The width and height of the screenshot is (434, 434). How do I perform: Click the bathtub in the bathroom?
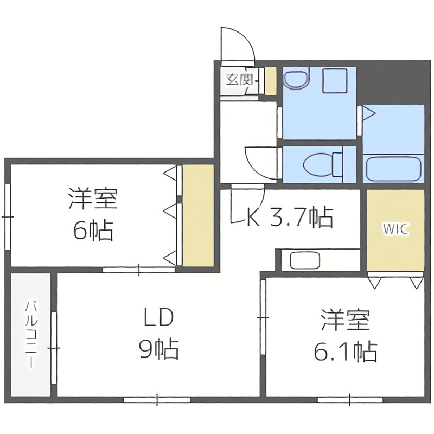click(x=393, y=168)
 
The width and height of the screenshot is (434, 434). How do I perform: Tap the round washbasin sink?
click(x=296, y=80)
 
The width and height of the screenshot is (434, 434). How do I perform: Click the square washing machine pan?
click(x=332, y=82)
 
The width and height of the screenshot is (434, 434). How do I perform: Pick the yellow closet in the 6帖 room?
click(x=197, y=215)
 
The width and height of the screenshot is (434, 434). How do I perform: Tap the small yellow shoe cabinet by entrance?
click(x=270, y=81)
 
